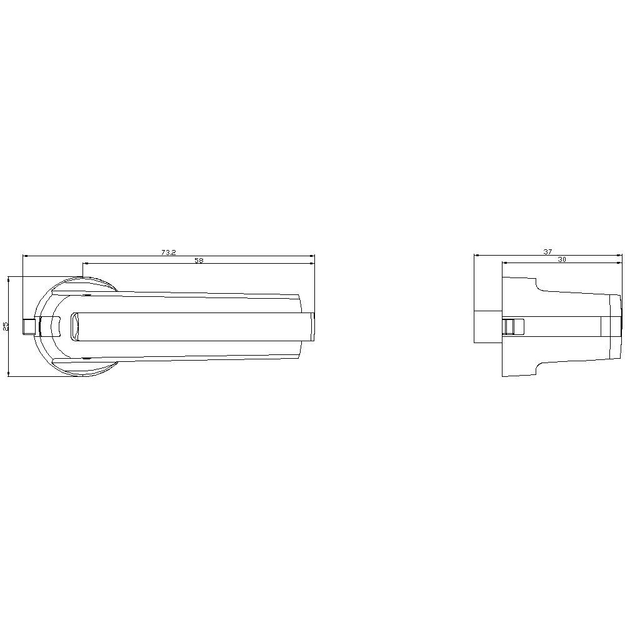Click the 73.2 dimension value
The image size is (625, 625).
coord(168,252)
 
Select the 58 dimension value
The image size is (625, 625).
coord(199,261)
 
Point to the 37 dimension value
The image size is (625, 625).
coord(547,252)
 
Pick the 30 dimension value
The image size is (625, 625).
coord(561,260)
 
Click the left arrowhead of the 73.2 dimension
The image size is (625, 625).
coord(26,256)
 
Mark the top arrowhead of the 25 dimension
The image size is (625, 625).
coord(9,279)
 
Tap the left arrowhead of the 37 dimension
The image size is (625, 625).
coord(477,255)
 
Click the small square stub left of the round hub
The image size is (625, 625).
coord(29,326)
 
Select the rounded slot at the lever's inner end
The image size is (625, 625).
coord(74,326)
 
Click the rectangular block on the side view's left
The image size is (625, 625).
coord(487,326)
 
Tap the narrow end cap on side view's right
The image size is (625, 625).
coord(616,327)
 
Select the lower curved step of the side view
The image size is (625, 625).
coord(537,367)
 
